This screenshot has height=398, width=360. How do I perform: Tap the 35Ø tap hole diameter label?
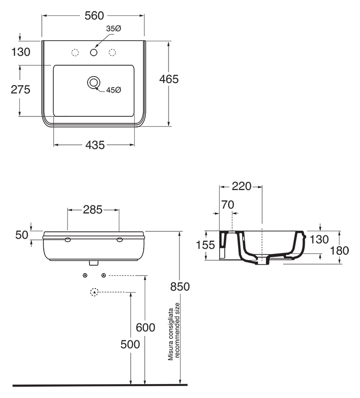coord(113,29)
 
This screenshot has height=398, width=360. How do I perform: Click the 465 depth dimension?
coord(170,79)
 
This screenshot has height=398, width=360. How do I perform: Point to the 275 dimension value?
coord(20,90)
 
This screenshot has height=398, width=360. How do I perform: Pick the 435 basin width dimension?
coord(94,145)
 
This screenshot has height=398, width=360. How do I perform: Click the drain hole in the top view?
coord(93,82)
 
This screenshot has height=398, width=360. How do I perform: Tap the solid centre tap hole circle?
coord(93,52)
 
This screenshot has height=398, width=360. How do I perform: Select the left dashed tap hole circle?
coord(76,52)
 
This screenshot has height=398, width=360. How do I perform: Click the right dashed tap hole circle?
coord(112,52)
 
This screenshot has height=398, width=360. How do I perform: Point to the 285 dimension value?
coord(93,209)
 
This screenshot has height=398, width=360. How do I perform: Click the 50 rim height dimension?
coord(21,235)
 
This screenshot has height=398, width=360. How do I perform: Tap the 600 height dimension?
coord(146,327)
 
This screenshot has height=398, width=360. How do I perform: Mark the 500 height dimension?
coord(131,345)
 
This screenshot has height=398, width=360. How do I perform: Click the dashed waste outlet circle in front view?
coord(93,292)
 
